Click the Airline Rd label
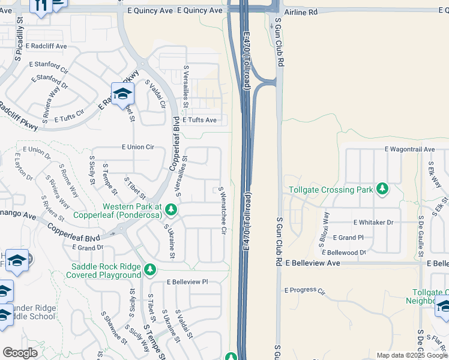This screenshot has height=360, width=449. tap(301, 12)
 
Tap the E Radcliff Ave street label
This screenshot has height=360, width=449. tap(44, 46)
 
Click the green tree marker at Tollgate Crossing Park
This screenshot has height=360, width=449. tap(382, 190)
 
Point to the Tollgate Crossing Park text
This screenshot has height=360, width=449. tap(331, 190)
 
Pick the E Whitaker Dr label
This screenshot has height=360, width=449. tap(373, 223)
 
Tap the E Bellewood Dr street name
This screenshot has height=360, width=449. tap(344, 253)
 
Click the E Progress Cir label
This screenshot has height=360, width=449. tap(304, 290)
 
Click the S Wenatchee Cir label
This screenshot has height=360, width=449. tap(222, 209)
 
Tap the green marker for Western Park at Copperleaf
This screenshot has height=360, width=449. tap(171, 210)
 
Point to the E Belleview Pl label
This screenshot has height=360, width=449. tap(187, 281)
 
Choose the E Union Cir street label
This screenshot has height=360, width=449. tap(137, 147)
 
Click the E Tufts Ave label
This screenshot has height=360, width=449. tap(199, 120)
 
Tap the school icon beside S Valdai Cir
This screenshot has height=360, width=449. tap(122, 94)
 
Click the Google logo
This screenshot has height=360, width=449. tap(20, 353)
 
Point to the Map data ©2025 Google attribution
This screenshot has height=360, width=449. tap(412, 355)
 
